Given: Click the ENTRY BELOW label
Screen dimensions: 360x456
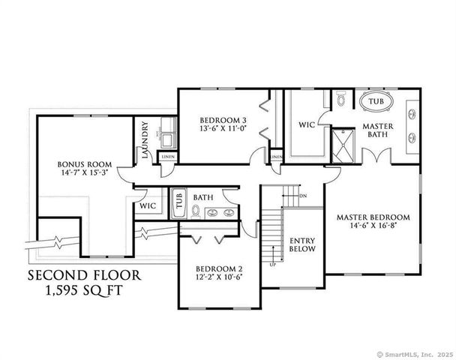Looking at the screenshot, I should tap(302, 244).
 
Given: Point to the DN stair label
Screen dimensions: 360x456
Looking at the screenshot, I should tap(303, 196).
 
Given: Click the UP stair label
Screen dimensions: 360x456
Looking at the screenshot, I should tap(271, 265).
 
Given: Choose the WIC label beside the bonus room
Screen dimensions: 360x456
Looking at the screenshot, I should tap(147, 204).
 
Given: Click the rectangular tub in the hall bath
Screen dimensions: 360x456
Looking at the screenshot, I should tap(178, 202).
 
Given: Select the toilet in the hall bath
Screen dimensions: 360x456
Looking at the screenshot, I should tap(195, 212).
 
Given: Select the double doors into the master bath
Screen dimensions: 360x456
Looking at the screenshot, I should tap(375, 157).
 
